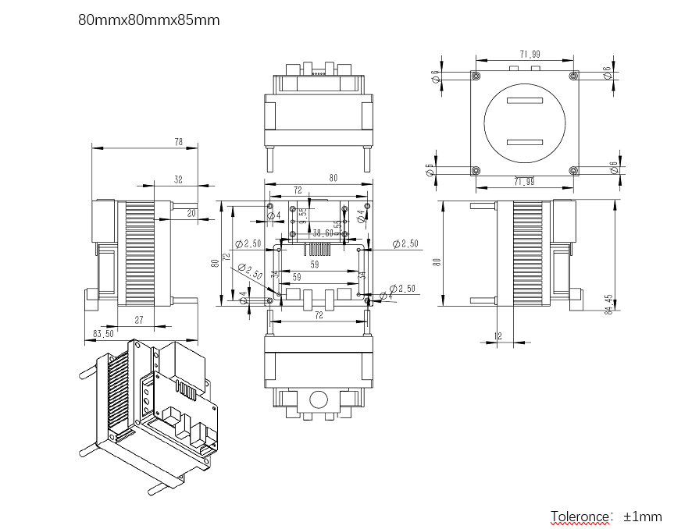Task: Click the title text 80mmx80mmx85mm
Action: [148, 20]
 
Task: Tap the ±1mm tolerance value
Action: [642, 516]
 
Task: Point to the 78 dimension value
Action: [178, 142]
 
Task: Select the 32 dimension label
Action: [178, 179]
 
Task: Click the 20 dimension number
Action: [192, 212]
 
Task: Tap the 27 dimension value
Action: [139, 320]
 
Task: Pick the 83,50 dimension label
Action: [103, 334]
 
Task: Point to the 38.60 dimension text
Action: [323, 233]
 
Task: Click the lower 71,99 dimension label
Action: [523, 182]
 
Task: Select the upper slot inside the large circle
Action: [523, 101]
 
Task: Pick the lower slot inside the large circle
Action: [523, 141]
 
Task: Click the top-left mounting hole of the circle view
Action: [475, 76]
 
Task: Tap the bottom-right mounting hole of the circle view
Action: [573, 170]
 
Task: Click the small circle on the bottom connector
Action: [319, 399]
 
